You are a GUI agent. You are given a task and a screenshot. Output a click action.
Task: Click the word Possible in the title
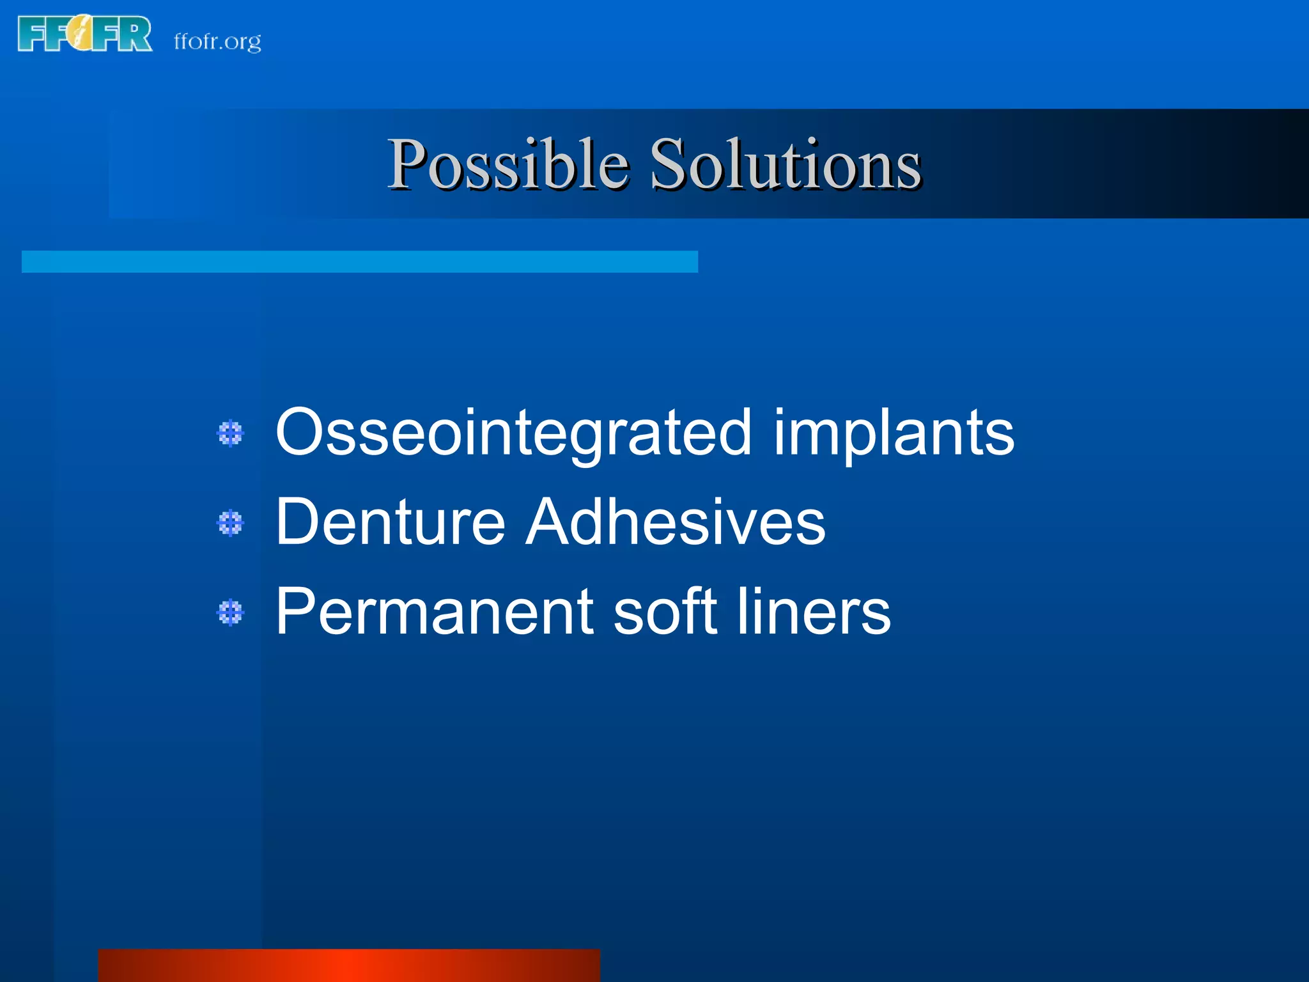click(508, 165)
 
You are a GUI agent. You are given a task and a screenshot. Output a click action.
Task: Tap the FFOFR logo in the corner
click(84, 34)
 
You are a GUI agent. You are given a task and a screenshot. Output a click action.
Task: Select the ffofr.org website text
click(217, 42)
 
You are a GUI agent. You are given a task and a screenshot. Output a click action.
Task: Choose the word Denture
click(390, 522)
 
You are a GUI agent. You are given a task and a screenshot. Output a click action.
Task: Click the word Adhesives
click(675, 522)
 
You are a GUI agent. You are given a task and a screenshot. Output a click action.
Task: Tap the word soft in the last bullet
click(665, 612)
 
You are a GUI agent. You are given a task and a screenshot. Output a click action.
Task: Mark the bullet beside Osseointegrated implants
click(230, 433)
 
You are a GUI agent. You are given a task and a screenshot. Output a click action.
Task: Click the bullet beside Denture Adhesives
click(230, 523)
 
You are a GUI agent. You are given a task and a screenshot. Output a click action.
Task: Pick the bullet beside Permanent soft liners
click(230, 612)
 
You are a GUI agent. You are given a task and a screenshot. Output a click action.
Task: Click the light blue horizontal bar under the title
click(359, 261)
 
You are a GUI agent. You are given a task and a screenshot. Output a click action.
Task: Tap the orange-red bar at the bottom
click(349, 965)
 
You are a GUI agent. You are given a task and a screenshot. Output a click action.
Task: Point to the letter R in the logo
click(136, 35)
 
